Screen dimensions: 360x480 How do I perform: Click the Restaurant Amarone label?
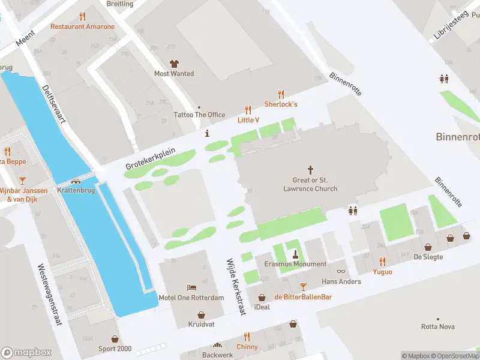tap(82, 26)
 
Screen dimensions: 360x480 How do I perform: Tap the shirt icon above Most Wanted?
tap(174, 64)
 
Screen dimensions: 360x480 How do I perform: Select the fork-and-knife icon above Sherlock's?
tap(281, 94)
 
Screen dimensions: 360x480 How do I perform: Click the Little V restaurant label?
tap(248, 120)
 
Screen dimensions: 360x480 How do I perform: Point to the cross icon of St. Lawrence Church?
tap(310, 170)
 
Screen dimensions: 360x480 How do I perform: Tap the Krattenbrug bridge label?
tap(77, 190)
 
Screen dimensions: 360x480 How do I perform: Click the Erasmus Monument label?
tap(295, 264)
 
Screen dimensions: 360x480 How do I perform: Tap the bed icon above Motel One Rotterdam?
tap(191, 288)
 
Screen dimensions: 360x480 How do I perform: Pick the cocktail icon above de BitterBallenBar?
tap(303, 287)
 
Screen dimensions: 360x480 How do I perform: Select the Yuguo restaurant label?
tap(382, 272)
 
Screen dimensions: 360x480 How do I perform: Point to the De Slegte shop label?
tap(428, 257)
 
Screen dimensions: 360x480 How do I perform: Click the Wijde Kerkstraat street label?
tap(235, 287)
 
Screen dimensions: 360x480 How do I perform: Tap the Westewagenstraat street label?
tap(49, 295)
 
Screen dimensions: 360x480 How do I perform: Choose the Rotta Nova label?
tap(437, 327)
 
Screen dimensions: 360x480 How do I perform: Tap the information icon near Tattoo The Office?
tap(208, 133)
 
